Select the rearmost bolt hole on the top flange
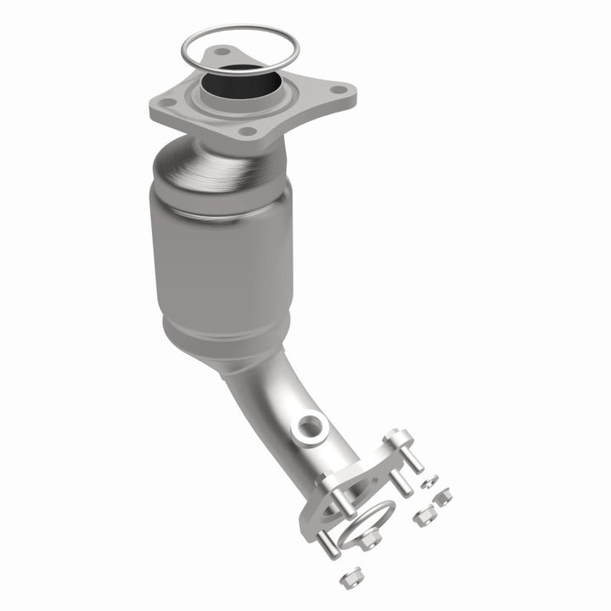222,53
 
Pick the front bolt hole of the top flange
247,132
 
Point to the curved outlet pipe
272,399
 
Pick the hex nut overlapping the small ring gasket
370,540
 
